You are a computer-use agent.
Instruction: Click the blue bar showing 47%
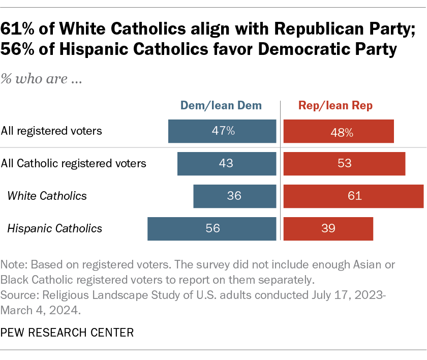222,131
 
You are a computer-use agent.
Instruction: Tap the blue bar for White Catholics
235,196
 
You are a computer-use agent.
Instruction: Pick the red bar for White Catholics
353,196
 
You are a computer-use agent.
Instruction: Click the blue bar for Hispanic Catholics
212,228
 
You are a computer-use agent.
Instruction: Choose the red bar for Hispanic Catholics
328,228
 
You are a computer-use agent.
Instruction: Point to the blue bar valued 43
227,164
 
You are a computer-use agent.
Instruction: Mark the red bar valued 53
344,164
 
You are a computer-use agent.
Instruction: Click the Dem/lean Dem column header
221,106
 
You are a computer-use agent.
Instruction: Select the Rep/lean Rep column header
335,106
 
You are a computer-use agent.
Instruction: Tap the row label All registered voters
51,131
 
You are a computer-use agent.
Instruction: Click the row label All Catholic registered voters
74,164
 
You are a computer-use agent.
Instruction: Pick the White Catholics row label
47,196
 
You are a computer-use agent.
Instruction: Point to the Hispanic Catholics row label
54,228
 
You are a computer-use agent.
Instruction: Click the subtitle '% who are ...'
42,79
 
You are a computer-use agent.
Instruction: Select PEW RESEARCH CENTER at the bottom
67,333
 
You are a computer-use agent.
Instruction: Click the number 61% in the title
19,30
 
